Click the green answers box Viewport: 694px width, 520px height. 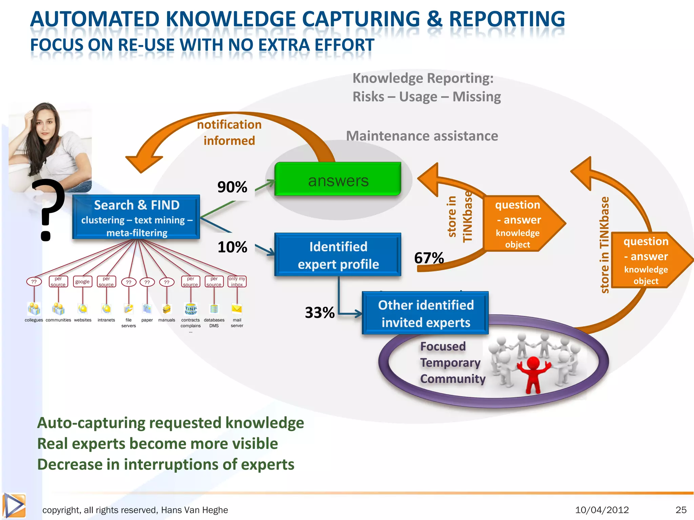[x=338, y=179]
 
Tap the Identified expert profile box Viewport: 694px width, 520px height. [x=338, y=255]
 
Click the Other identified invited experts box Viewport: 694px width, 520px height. [x=425, y=313]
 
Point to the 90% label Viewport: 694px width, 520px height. [x=232, y=187]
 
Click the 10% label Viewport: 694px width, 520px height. [x=232, y=247]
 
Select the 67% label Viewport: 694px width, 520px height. [x=429, y=258]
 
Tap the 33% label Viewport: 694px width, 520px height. [x=320, y=312]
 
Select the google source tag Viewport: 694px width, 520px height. [x=82, y=282]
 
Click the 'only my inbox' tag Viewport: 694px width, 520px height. [x=237, y=282]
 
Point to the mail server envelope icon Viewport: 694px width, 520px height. [x=237, y=309]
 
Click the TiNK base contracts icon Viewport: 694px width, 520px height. [x=191, y=309]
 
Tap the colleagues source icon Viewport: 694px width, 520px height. [x=34, y=309]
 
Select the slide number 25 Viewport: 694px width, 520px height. [x=681, y=510]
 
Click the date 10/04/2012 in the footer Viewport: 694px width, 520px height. [x=602, y=510]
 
